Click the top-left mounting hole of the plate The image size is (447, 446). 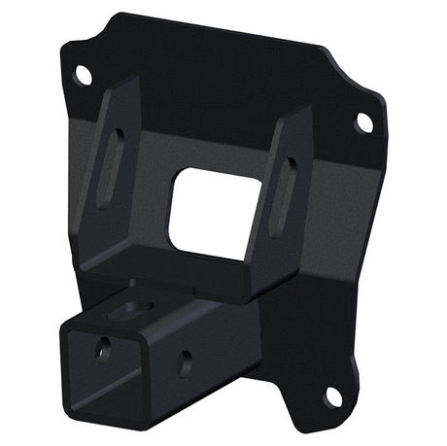point(84,74)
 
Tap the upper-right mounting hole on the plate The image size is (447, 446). point(363,122)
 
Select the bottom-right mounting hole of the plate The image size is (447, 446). point(332,395)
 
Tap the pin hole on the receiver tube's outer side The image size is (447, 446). point(185,362)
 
